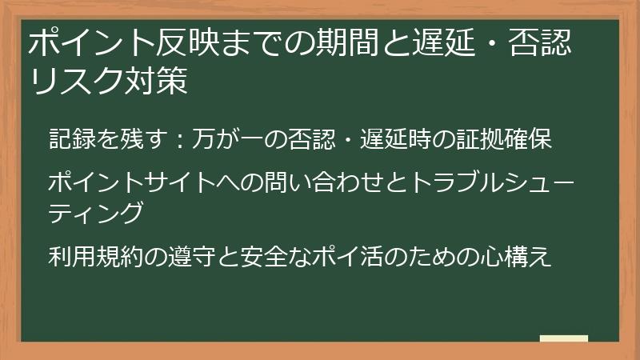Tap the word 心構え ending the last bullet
pos(518,258)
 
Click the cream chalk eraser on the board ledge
pos(563,338)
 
